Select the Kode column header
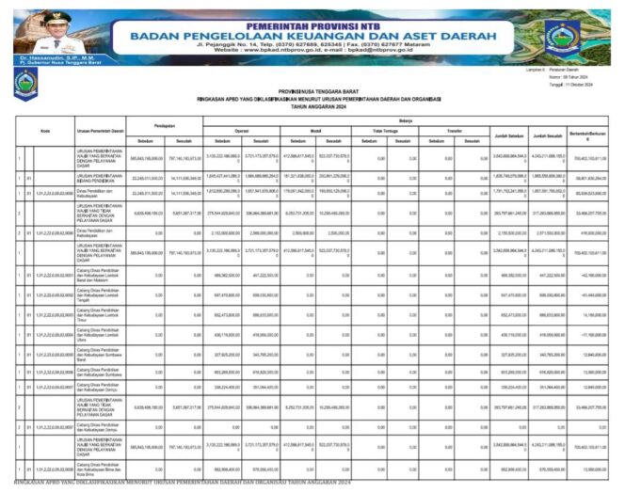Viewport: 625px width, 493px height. pyautogui.click(x=44, y=131)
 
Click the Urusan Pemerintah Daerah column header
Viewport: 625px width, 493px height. pyautogui.click(x=99, y=131)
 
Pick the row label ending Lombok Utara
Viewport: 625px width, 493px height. pyautogui.click(x=99, y=335)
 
